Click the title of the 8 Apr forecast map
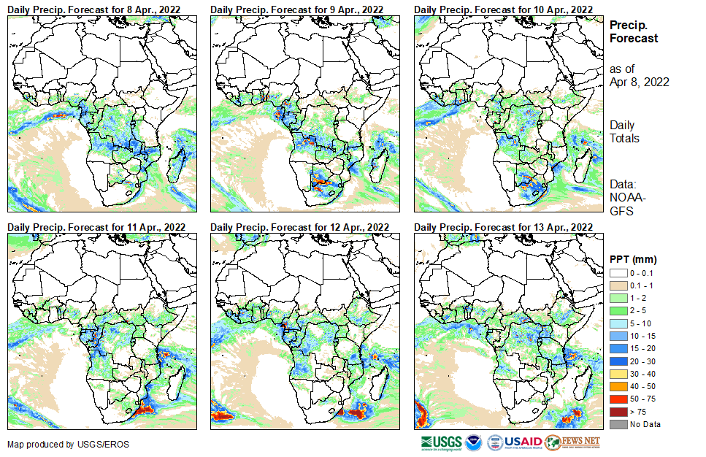point(95,9)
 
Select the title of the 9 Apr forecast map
point(298,9)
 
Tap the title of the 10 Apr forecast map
point(503,9)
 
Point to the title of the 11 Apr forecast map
point(96,227)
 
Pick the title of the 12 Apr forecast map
point(299,227)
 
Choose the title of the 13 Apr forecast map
point(503,227)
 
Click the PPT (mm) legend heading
point(633,259)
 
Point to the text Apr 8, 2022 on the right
point(640,82)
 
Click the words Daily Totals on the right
point(624,132)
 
